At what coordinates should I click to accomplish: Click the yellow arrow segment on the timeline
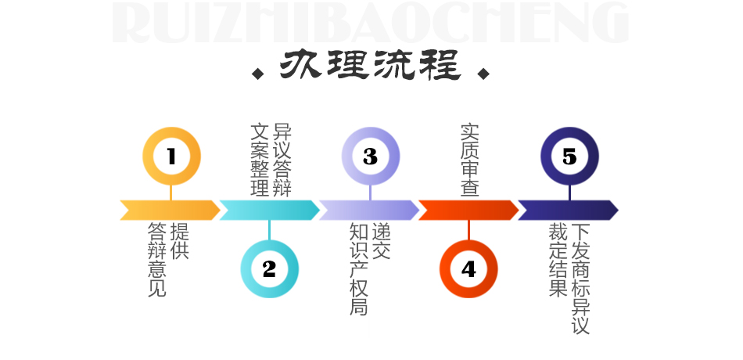tap(170, 210)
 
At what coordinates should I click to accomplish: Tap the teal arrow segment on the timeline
tap(269, 210)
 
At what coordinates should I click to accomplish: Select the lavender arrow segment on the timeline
tap(368, 210)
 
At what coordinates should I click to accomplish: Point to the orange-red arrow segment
tap(468, 210)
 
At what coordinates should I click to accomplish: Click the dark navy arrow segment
tap(568, 210)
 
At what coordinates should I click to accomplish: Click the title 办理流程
tap(370, 64)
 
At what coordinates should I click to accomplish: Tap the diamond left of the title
tap(258, 74)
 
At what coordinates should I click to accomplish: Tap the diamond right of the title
tap(483, 74)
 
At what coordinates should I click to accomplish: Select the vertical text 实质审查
tap(469, 160)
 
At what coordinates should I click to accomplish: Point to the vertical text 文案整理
tap(260, 160)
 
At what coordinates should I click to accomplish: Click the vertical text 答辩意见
tap(157, 260)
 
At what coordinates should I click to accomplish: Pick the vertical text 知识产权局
tap(358, 269)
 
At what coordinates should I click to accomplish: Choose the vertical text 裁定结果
tap(558, 260)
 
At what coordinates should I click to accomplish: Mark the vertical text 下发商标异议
tap(580, 279)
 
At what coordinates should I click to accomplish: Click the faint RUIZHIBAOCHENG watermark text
tap(370, 22)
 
